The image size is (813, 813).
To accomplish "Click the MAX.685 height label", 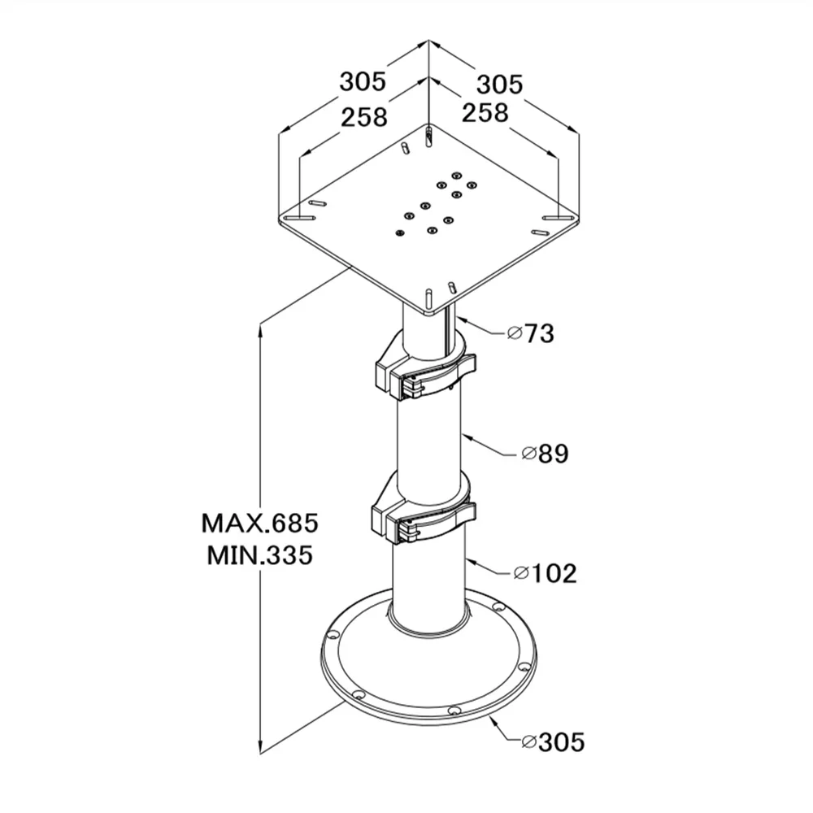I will (260, 521).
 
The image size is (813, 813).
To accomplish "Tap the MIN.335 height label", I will (260, 555).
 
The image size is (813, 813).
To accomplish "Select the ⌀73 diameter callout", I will (530, 333).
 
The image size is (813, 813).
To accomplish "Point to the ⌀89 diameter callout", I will (545, 454).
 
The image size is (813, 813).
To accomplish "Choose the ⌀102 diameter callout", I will (546, 573).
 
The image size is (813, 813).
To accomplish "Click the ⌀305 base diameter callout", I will (554, 741).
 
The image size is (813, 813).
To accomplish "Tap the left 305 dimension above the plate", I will (363, 81).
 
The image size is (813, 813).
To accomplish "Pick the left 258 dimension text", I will (363, 117).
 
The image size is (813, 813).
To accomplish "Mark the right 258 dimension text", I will (485, 112).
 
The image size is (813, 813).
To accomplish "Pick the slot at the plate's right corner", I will (557, 218).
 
